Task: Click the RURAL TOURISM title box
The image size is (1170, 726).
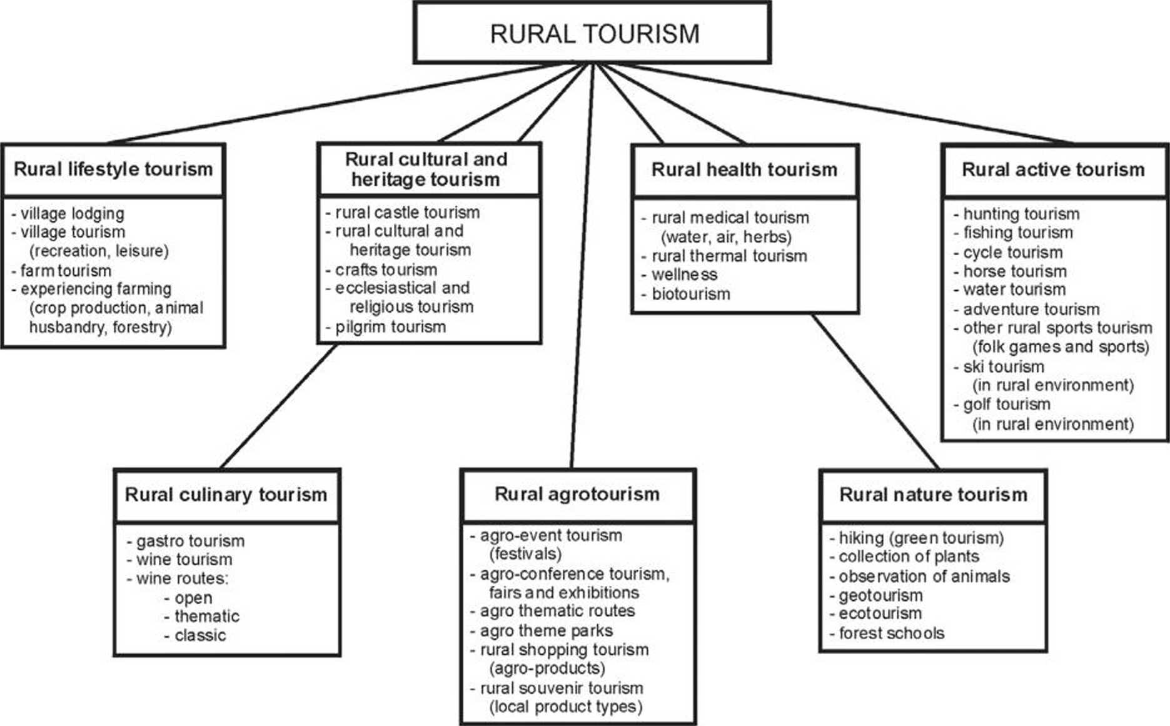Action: [x=592, y=33]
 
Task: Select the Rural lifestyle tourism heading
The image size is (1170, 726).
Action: [x=113, y=169]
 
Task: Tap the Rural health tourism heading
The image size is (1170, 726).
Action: [x=744, y=169]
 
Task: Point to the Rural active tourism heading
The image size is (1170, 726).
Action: [x=1053, y=169]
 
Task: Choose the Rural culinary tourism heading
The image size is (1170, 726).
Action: [x=226, y=495]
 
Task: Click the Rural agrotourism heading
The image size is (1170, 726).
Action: [x=577, y=494]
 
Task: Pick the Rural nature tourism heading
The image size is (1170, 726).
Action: [x=933, y=495]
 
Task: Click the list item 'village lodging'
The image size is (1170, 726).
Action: [x=72, y=214]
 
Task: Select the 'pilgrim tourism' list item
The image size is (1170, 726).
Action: [x=390, y=326]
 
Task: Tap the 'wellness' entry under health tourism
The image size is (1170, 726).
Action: [x=684, y=275]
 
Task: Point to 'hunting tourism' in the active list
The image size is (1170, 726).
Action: [x=1021, y=214]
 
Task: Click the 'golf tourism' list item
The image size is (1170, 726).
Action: [x=1006, y=405]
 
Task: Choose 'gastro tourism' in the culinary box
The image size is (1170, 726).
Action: [x=190, y=541]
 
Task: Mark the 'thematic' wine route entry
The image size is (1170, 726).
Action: [x=206, y=617]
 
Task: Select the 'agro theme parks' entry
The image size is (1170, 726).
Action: [x=546, y=630]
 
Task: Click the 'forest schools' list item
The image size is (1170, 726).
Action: [x=891, y=633]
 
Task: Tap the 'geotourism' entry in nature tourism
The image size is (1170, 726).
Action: [x=880, y=595]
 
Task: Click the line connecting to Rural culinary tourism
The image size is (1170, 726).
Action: [x=278, y=406]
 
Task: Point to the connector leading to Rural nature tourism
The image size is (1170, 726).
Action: [x=875, y=391]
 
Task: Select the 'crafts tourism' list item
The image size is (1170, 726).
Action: [x=386, y=270]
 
